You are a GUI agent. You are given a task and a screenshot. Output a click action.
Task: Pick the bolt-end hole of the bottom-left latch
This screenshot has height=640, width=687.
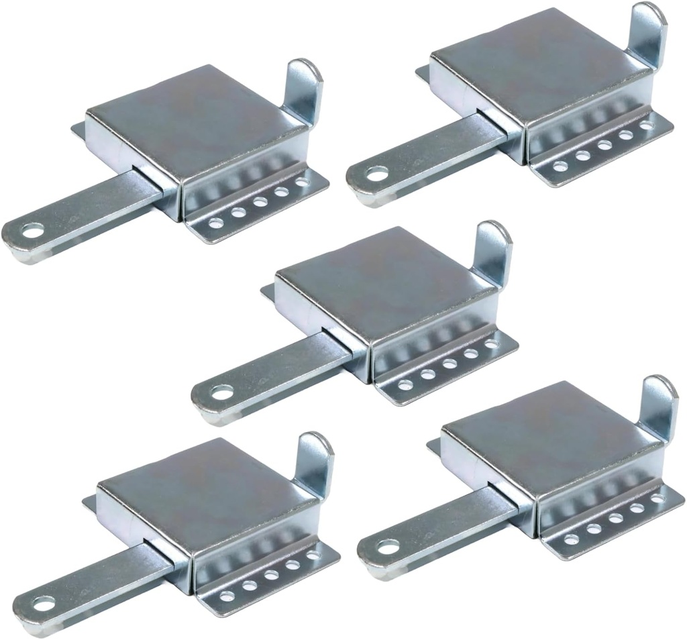[x=44, y=603]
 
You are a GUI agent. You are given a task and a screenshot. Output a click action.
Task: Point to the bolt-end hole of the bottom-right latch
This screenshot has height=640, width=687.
[x=388, y=547]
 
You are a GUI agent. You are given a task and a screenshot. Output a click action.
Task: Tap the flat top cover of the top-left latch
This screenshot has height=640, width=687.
[x=195, y=114]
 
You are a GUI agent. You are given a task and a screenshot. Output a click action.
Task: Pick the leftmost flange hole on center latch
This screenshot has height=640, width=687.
[x=405, y=385]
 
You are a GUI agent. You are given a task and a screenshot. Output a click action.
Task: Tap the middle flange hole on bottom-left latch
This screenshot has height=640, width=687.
[x=271, y=575]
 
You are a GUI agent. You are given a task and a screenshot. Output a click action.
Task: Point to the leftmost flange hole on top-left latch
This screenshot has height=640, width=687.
[x=216, y=223]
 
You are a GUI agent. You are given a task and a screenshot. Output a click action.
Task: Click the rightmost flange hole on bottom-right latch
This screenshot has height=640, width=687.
[x=657, y=498]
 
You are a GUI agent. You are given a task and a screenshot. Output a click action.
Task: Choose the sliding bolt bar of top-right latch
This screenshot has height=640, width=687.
[x=443, y=148]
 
